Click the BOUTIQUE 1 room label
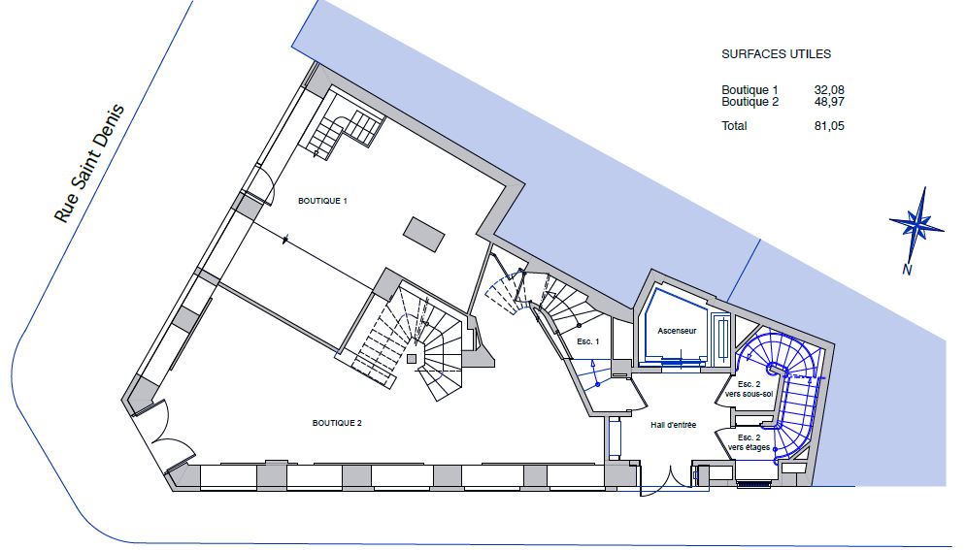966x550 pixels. (323, 201)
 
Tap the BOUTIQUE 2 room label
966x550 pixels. (337, 423)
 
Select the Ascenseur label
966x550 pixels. (677, 331)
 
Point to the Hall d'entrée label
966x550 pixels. (674, 425)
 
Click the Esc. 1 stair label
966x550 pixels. (587, 341)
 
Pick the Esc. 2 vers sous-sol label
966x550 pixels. (749, 389)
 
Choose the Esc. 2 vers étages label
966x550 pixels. (749, 442)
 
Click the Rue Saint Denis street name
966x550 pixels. (90, 164)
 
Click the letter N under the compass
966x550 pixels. (907, 270)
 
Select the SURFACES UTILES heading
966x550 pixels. (777, 54)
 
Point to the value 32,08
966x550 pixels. (829, 90)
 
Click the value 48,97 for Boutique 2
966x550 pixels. (829, 102)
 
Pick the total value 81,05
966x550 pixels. (829, 126)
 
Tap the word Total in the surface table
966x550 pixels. (734, 126)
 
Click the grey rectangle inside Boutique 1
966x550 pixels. (424, 235)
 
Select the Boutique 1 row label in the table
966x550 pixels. (749, 90)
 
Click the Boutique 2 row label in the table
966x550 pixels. (749, 102)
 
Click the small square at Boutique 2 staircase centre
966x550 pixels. (412, 359)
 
